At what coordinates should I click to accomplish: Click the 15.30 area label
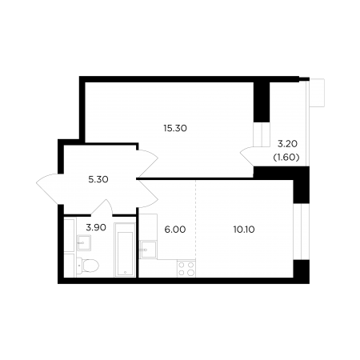[x=175, y=129]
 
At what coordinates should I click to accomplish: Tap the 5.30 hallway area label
[x=98, y=179]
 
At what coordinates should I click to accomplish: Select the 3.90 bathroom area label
[x=96, y=227]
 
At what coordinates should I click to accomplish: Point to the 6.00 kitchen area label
[x=175, y=230]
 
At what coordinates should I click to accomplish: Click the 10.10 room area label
[x=244, y=230]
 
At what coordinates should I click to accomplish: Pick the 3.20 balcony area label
[x=287, y=144]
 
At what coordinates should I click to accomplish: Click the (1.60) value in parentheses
[x=286, y=158]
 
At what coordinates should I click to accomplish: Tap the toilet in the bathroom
[x=87, y=266]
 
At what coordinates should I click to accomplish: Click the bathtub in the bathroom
[x=125, y=250]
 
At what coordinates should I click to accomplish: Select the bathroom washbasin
[x=84, y=242]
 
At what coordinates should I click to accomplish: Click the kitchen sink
[x=148, y=250]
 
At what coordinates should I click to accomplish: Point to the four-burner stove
[x=186, y=269]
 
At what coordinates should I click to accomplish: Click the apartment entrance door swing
[x=50, y=190]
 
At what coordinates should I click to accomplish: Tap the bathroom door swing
[x=102, y=207]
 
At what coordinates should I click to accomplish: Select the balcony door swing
[x=247, y=157]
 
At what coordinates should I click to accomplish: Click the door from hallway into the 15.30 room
[x=147, y=164]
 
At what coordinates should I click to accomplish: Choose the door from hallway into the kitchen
[x=147, y=194]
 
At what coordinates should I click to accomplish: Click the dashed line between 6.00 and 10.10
[x=196, y=219]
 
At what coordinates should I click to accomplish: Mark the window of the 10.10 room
[x=302, y=231]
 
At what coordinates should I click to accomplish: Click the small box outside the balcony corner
[x=317, y=93]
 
